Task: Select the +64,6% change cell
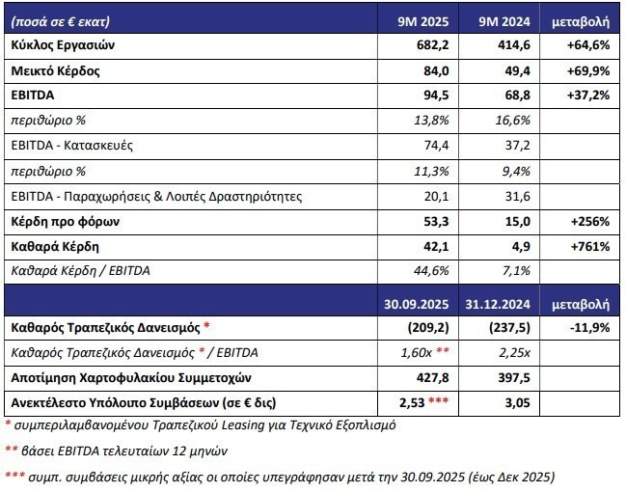coord(586,45)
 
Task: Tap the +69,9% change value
coord(586,71)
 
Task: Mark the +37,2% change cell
coord(586,96)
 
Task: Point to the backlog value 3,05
coord(517,399)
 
